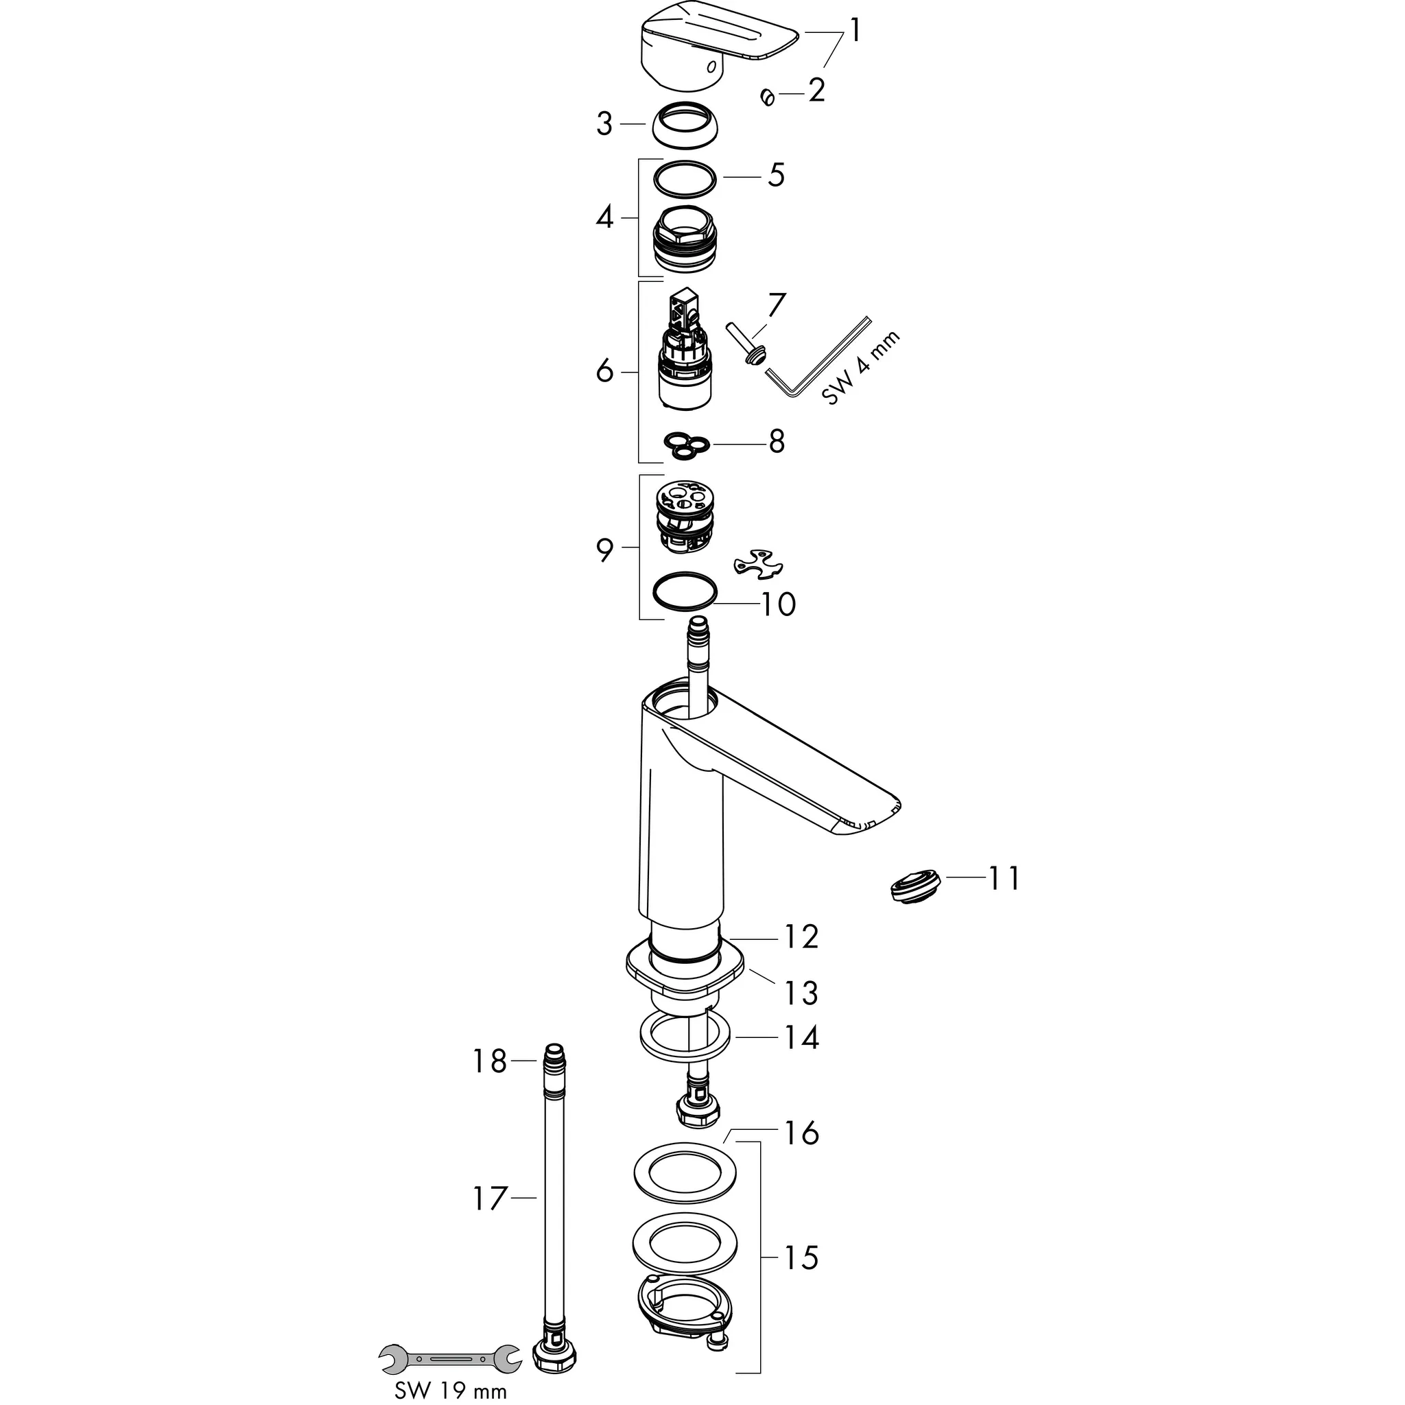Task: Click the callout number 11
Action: coord(1004,879)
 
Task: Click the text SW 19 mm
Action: coord(450,1391)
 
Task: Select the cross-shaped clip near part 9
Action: coord(759,565)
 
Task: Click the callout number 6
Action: coord(605,372)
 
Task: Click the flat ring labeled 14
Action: coord(684,1038)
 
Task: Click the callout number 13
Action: coord(801,993)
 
